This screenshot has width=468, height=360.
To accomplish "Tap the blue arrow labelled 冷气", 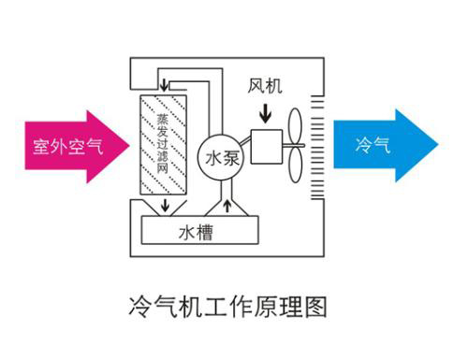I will pos(384,145).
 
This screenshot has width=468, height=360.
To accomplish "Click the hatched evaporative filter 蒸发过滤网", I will pos(164,145).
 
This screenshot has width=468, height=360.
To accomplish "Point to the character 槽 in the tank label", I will pos(203,231).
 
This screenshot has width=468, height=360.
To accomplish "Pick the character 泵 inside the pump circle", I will pos(231,158).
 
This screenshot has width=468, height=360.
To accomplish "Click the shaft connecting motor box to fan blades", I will pos(288,145).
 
